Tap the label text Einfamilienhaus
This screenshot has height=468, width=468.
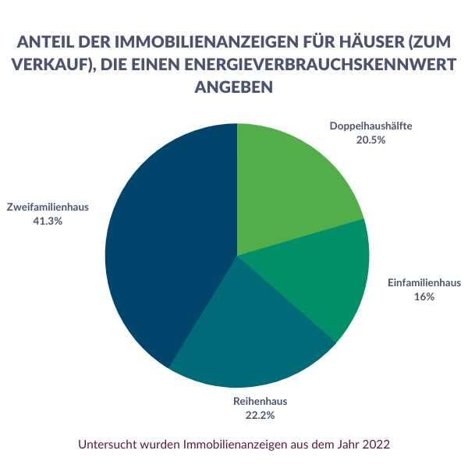(424, 282)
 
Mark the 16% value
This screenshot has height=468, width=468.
(424, 296)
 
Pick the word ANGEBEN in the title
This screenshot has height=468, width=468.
(233, 88)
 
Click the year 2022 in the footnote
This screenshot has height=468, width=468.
(374, 445)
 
